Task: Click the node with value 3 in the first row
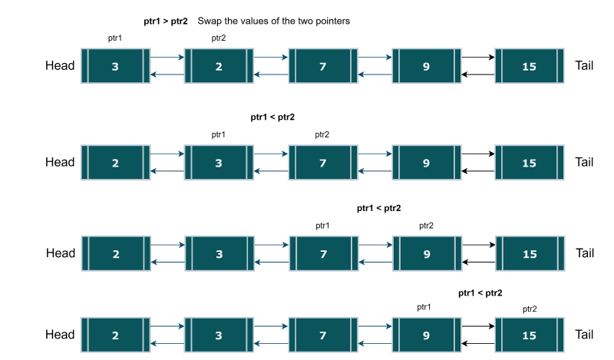tap(115, 66)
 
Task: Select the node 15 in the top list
tap(530, 66)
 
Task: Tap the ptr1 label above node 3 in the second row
tap(219, 134)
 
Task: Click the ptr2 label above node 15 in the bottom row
tap(530, 309)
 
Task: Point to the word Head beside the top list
tap(60, 66)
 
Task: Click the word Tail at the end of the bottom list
tap(584, 335)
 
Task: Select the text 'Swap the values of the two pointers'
tap(274, 22)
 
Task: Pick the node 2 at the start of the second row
tap(115, 163)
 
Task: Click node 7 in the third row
tap(322, 253)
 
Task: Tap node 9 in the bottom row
tap(426, 335)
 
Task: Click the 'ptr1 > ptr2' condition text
tap(165, 22)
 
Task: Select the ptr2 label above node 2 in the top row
tap(219, 38)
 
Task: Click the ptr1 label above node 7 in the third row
tap(322, 226)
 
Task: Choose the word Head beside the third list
tap(60, 253)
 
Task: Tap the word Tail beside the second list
tap(584, 163)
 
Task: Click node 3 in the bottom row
tap(219, 335)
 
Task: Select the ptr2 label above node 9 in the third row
tap(426, 226)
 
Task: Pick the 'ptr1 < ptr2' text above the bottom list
tap(480, 293)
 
